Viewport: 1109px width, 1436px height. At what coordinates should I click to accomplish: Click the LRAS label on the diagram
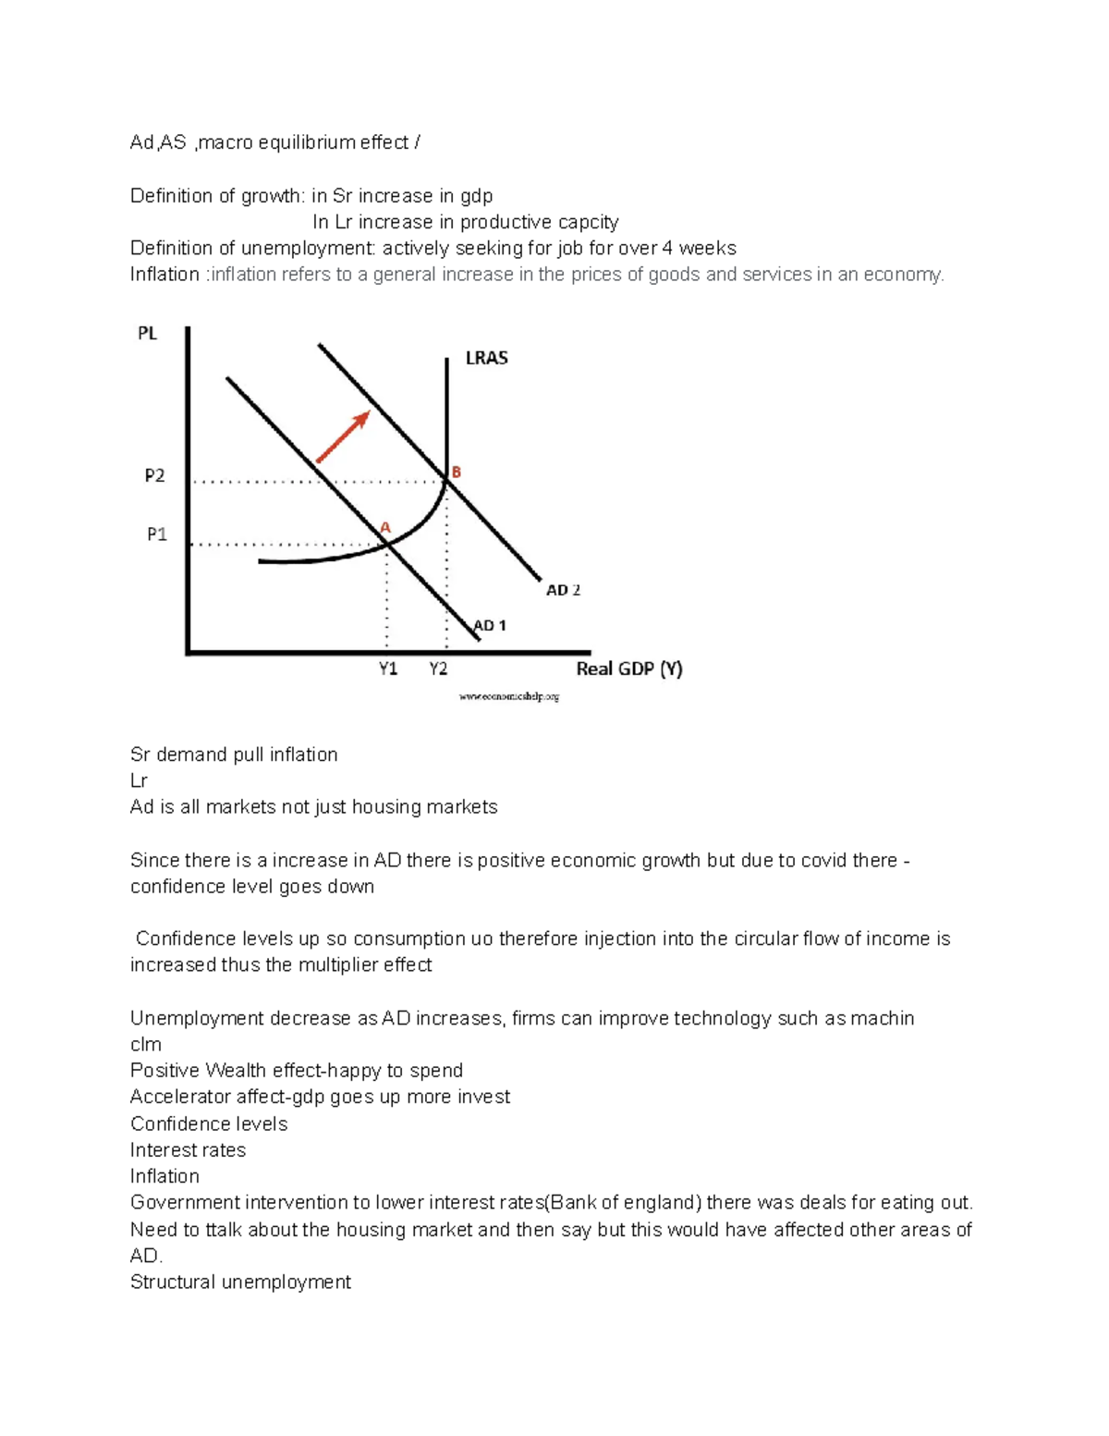[x=486, y=358]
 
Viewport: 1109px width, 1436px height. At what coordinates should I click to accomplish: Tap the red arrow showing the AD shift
[x=343, y=436]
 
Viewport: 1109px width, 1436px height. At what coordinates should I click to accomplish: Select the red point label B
[x=456, y=473]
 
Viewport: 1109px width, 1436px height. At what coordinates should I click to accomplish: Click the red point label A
[x=386, y=528]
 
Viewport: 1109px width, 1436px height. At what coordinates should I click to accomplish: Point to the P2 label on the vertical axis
[x=154, y=475]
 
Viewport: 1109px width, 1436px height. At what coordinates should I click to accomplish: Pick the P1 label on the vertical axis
[x=156, y=534]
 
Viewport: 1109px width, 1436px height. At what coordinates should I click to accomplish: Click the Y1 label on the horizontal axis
[x=388, y=669]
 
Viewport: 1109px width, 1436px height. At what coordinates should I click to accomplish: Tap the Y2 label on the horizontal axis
[x=438, y=669]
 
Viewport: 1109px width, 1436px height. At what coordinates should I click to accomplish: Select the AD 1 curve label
[x=490, y=626]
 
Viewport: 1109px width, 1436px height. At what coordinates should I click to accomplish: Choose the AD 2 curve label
[x=563, y=590]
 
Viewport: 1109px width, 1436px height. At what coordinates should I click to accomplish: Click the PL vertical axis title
[x=147, y=334]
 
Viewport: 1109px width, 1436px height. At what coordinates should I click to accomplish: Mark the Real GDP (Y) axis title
[x=628, y=669]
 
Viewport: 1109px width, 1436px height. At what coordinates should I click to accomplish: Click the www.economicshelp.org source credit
[x=509, y=696]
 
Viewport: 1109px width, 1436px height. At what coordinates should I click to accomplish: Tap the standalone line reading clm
[x=145, y=1045]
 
